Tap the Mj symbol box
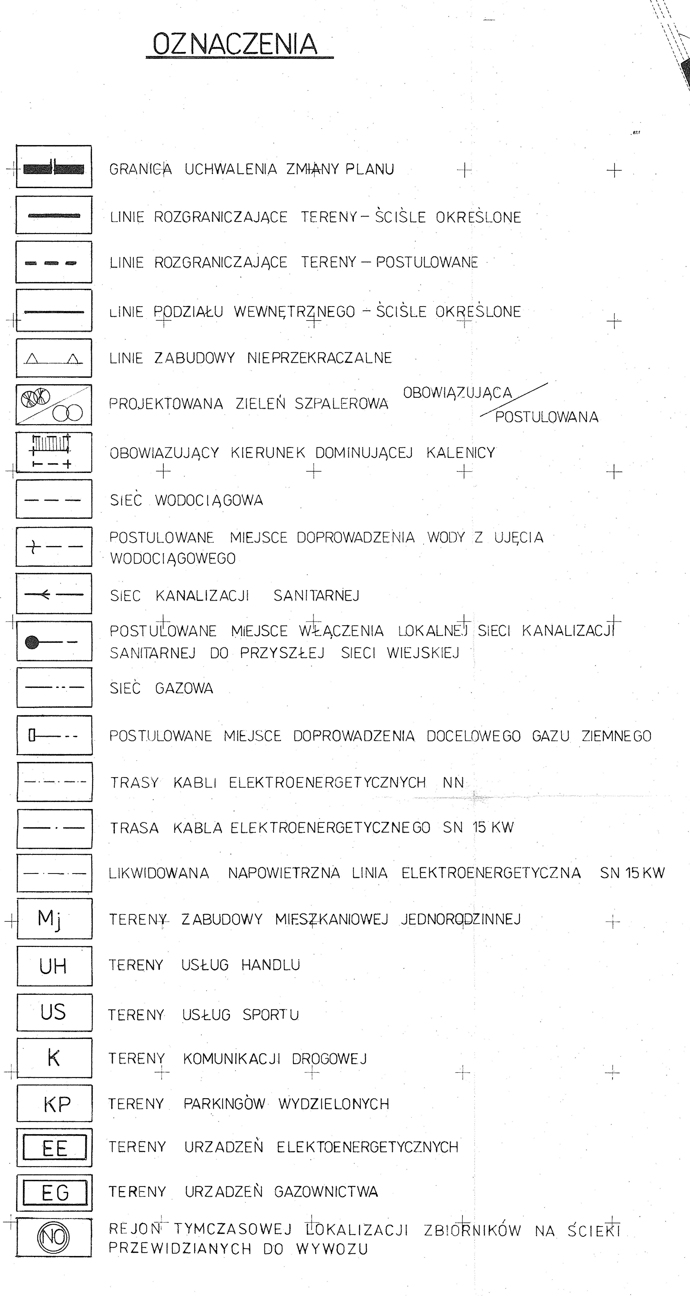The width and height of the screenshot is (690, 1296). pyautogui.click(x=54, y=919)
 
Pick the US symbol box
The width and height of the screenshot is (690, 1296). pyautogui.click(x=54, y=1012)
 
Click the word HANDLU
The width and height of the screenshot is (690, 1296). pyautogui.click(x=271, y=965)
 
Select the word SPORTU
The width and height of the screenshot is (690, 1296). pyautogui.click(x=271, y=1015)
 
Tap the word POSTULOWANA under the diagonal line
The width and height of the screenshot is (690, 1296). pyautogui.click(x=547, y=417)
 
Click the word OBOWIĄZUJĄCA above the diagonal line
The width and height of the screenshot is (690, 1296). pyautogui.click(x=457, y=393)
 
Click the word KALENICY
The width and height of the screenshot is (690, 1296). pyautogui.click(x=461, y=453)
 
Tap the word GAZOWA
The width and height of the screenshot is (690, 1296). pyautogui.click(x=184, y=688)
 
